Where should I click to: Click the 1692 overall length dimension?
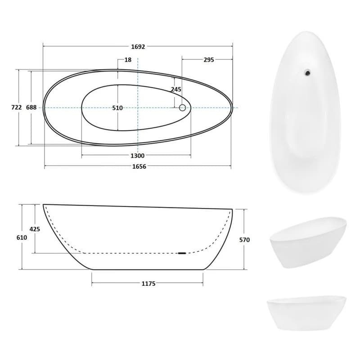tap(138, 47)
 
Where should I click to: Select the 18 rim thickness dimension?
tap(128, 60)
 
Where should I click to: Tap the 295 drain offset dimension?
tap(209, 60)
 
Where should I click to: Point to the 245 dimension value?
tap(176, 89)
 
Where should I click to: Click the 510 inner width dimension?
tap(117, 108)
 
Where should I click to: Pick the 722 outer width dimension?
tap(17, 107)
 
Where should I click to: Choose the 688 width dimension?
tap(31, 107)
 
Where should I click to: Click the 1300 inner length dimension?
tap(138, 156)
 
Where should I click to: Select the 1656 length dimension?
tap(139, 166)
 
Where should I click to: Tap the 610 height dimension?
tap(22, 238)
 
